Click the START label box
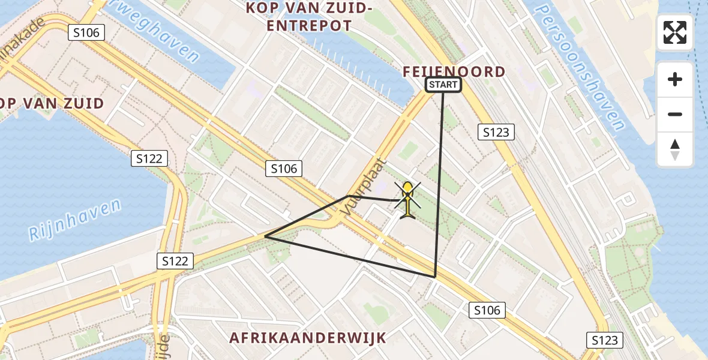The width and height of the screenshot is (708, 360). tap(443, 85)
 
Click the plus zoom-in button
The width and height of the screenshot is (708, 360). tap(675, 79)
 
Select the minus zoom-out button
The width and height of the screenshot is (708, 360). tap(675, 114)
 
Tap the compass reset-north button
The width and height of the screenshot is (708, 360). tap(675, 149)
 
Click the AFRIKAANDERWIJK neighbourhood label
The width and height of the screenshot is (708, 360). tap(308, 338)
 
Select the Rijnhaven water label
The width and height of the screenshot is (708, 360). tap(75, 220)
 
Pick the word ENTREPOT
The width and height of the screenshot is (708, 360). tap(309, 26)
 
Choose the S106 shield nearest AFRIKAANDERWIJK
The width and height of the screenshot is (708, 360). tap(486, 310)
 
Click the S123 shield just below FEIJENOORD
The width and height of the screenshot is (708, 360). tap(497, 132)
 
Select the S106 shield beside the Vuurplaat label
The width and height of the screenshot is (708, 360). tap(284, 169)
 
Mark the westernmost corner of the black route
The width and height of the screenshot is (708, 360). tap(265, 236)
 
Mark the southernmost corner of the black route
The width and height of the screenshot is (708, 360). tap(435, 277)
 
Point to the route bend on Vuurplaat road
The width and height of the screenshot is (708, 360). tap(348, 196)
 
